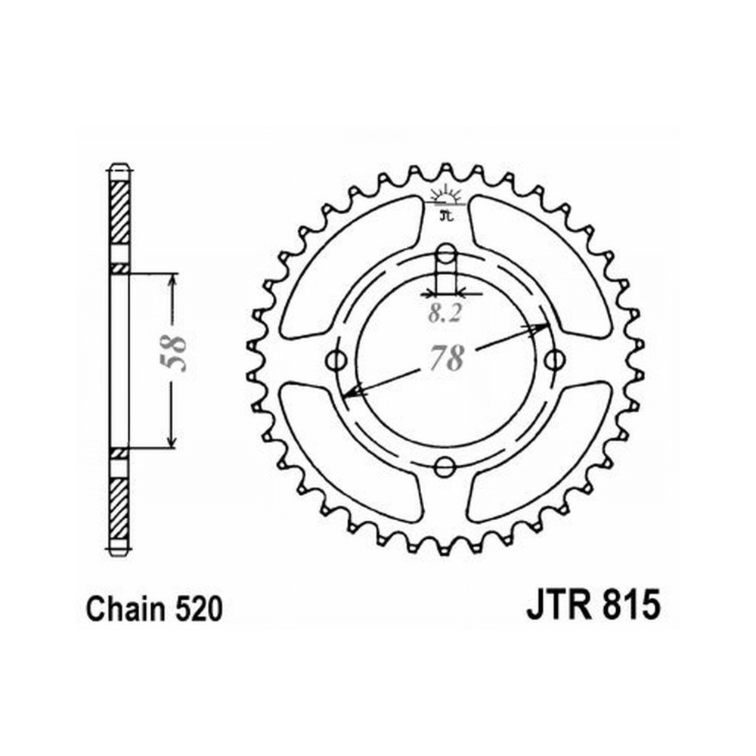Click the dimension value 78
[x=446, y=358]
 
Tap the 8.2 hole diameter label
[x=445, y=314]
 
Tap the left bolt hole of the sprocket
[x=336, y=360]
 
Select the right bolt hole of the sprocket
[x=554, y=360]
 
